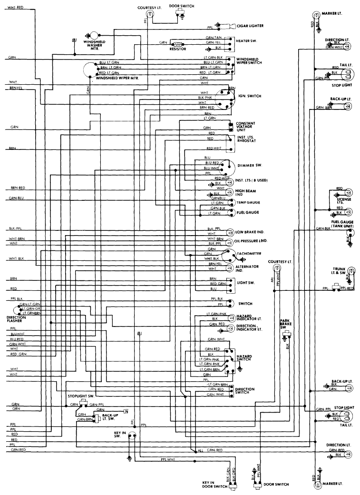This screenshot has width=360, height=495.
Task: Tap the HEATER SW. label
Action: pyautogui.click(x=246, y=41)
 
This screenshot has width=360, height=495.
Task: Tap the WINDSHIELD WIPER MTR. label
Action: pyautogui.click(x=117, y=78)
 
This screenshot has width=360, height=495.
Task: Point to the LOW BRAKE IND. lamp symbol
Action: pyautogui.click(x=232, y=232)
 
